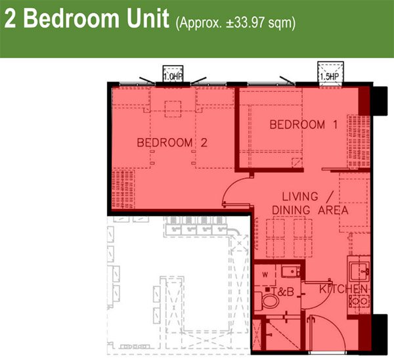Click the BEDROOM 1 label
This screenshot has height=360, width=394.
(303, 125)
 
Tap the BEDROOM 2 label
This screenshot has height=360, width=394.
(172, 143)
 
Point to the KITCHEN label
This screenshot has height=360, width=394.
(343, 289)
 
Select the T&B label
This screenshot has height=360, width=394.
(283, 292)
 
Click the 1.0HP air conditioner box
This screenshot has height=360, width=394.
(173, 74)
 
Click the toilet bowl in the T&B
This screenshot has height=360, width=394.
(268, 301)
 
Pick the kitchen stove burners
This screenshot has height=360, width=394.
(359, 301)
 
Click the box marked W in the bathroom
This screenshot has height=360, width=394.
(265, 275)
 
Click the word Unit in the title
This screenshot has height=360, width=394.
(147, 18)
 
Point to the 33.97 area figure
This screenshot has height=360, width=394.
(249, 23)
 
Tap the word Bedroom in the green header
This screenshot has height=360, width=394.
(72, 18)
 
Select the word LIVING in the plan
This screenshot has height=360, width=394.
(300, 196)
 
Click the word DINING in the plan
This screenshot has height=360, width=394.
(291, 210)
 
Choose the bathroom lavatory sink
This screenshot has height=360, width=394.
(291, 271)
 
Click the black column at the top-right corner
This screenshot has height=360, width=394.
(379, 101)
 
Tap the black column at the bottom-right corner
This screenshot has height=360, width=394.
(379, 334)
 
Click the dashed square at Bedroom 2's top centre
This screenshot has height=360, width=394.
(173, 109)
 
